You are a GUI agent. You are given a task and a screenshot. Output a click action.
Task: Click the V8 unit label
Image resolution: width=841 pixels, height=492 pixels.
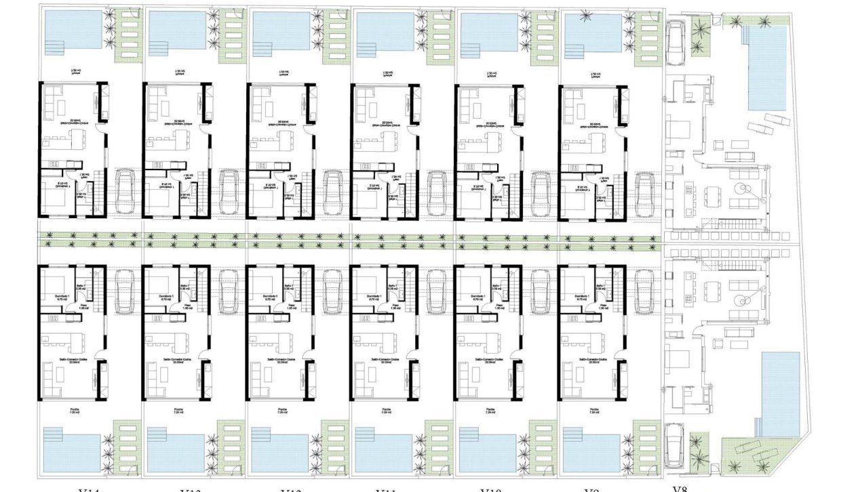point(680,487)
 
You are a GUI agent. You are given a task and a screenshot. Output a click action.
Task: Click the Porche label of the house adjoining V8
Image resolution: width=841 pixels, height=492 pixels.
point(595,410)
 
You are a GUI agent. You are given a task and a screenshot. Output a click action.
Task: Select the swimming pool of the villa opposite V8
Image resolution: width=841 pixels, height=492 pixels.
point(764,68)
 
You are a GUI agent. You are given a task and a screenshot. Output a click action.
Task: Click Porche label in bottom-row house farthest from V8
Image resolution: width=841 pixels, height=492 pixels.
point(75,410)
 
